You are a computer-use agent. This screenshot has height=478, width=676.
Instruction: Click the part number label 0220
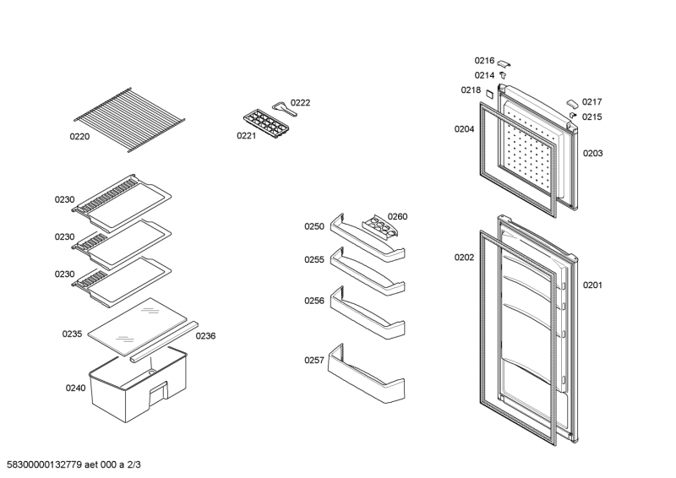79,134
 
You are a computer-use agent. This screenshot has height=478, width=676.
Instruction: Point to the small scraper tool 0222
279,107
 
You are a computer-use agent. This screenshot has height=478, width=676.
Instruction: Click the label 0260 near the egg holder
397,216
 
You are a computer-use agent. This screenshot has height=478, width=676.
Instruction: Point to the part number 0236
205,335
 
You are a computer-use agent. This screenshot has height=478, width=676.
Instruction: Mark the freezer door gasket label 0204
464,129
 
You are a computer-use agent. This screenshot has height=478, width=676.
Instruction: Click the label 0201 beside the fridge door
592,285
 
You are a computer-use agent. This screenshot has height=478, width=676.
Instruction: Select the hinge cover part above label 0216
504,62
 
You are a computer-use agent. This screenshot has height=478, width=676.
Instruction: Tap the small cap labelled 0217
572,101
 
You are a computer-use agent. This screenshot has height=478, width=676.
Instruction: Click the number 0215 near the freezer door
591,117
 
